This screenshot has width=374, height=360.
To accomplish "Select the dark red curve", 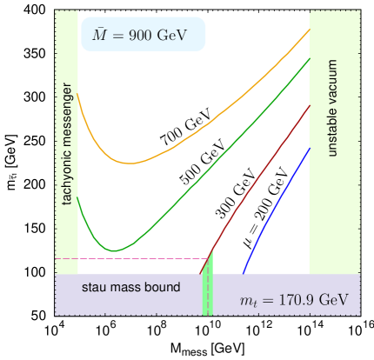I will [261, 174].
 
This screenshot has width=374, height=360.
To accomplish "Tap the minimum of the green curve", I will [114, 250].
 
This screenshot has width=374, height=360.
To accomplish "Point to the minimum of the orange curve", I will [130, 163].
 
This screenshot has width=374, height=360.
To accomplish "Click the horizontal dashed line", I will [130, 258].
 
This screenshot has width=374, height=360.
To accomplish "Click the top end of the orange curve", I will [309, 30].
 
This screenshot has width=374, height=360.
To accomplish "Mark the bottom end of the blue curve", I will [243, 272].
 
